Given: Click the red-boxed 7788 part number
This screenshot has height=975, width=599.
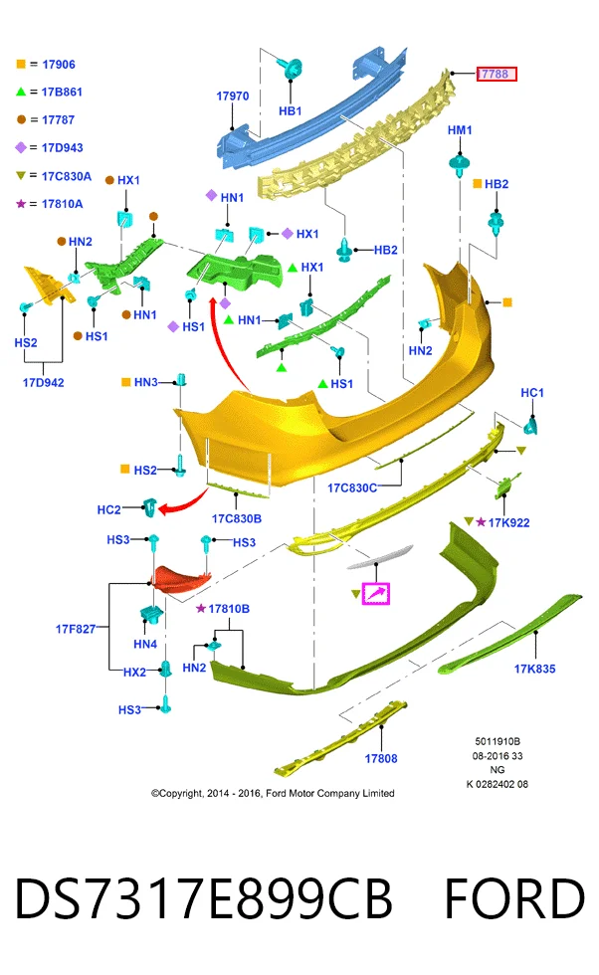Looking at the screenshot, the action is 497,74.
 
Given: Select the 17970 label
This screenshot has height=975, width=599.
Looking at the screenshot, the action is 233,97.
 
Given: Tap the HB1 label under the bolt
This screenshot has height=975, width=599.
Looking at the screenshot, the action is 291,111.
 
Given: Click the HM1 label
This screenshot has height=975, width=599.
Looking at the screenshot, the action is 460,130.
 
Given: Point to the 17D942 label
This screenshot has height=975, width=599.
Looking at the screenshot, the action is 44,382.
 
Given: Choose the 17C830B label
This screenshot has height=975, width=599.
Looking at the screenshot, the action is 237,518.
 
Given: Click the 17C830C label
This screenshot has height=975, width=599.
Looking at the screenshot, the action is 352,488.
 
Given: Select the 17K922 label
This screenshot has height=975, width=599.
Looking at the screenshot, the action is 508,523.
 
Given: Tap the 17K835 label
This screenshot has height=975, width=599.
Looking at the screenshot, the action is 535,669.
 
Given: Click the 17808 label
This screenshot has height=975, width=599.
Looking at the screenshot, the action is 381,758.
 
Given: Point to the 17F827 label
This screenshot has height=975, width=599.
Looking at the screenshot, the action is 76,629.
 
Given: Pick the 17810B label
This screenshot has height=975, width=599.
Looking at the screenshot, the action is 229,609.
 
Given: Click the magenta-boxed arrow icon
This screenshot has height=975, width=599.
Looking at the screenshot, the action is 376,594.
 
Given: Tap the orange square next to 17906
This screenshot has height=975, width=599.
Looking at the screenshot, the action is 21,64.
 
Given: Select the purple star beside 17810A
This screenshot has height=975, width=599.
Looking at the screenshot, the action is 21,203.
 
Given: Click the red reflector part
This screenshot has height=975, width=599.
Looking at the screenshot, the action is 182,578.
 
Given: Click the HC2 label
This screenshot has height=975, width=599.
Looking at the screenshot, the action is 108,509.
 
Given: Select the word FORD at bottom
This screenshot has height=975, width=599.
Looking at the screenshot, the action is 515,898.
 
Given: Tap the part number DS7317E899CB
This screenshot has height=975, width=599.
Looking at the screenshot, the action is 203,898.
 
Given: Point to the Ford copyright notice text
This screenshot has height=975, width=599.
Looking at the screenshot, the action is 273,794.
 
